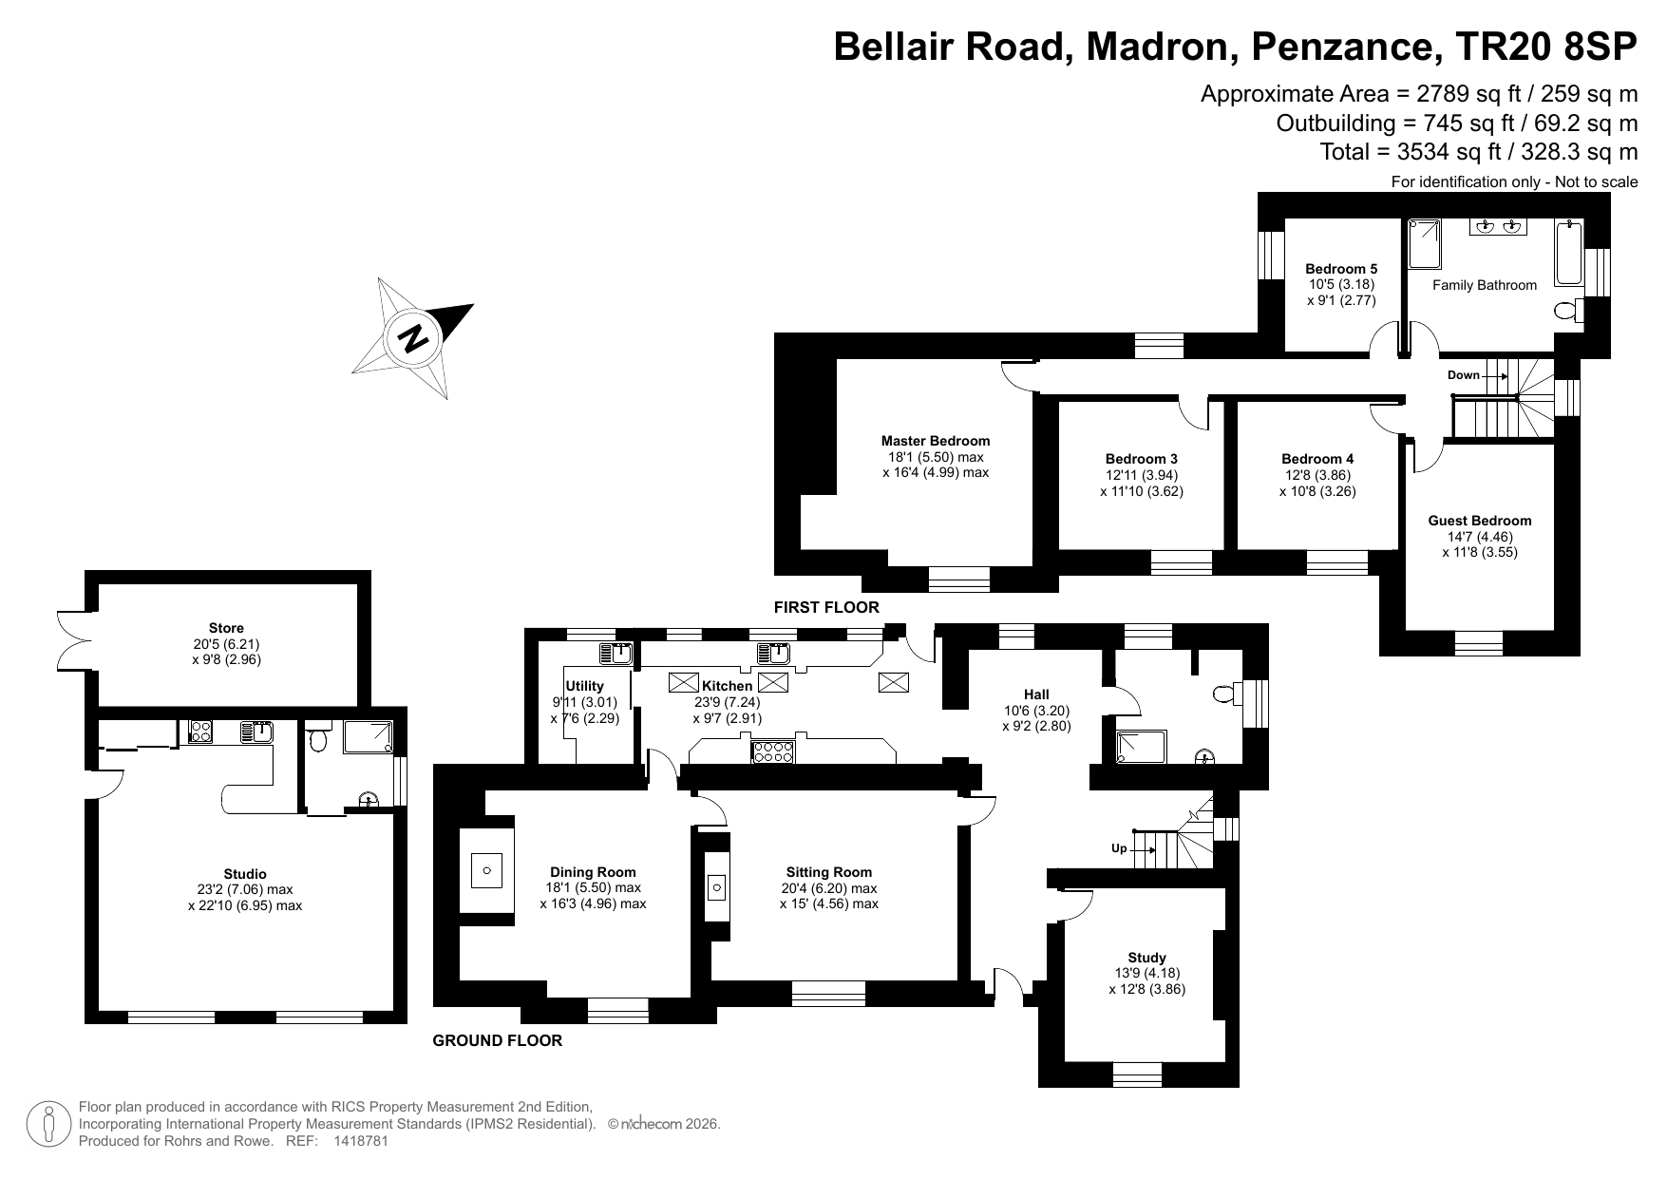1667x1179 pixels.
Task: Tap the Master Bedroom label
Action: (x=936, y=441)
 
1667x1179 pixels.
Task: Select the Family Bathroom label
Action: (x=1485, y=285)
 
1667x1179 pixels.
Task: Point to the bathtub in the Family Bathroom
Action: (x=1569, y=252)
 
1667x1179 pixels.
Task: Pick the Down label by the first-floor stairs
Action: (x=1463, y=375)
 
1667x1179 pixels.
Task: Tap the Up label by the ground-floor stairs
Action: (x=1119, y=848)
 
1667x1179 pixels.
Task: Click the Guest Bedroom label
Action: (x=1480, y=521)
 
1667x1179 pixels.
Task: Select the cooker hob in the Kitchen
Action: (x=773, y=752)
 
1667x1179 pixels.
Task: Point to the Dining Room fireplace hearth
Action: (x=487, y=870)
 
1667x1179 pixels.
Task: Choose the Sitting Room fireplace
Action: (x=717, y=887)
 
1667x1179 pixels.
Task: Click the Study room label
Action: (x=1146, y=958)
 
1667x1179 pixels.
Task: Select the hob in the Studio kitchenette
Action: (x=200, y=732)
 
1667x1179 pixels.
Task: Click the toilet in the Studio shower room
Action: (x=319, y=738)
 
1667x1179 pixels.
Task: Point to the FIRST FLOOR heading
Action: (x=826, y=607)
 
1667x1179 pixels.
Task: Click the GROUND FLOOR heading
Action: (x=498, y=1040)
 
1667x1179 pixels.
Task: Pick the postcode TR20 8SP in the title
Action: (x=1539, y=47)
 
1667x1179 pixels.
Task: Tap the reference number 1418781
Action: (x=361, y=1141)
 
